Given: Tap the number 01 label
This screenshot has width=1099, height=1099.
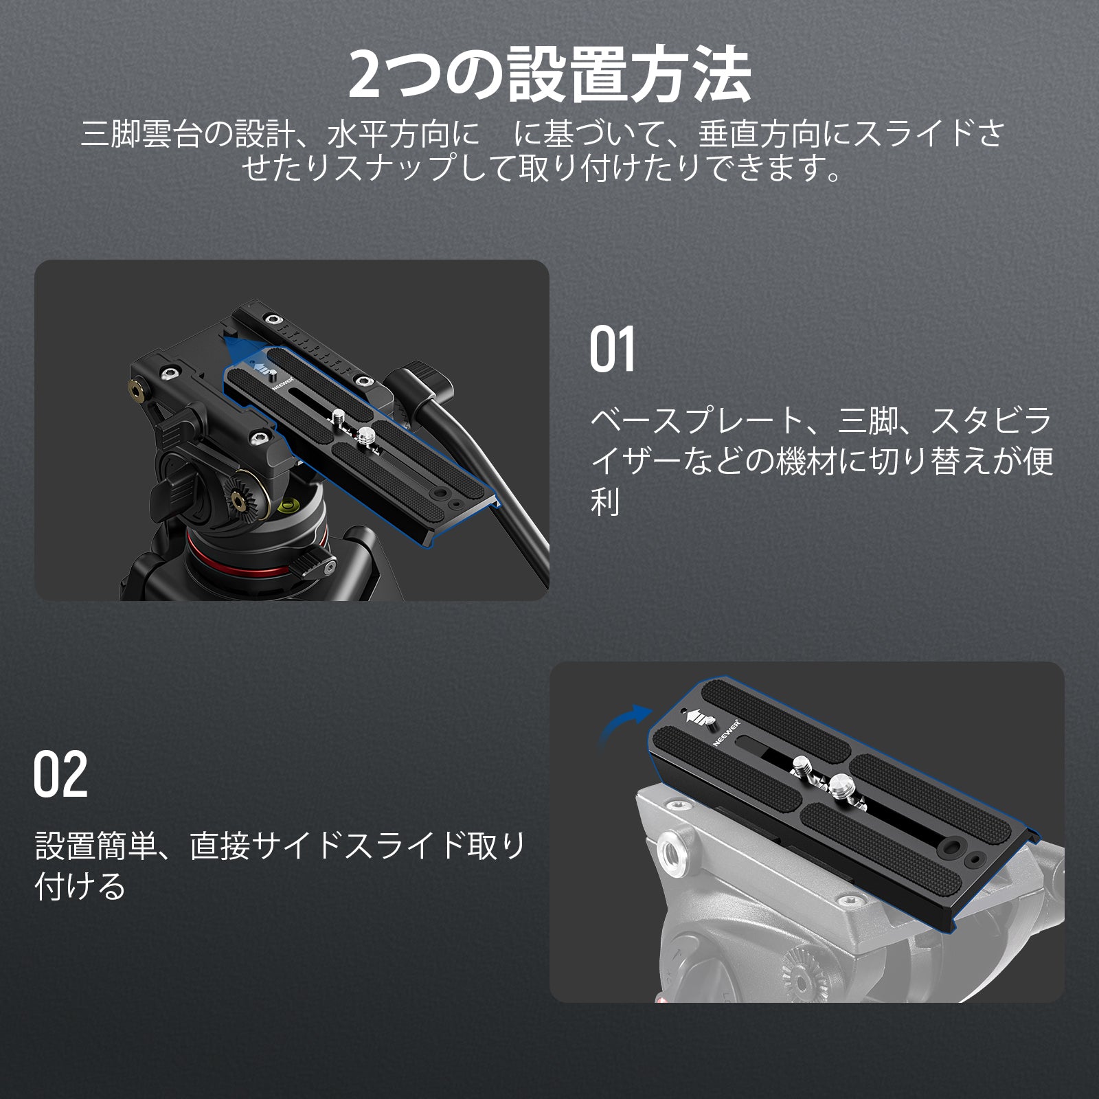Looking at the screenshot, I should point(613,350).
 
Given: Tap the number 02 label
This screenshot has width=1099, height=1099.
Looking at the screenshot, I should point(61,774).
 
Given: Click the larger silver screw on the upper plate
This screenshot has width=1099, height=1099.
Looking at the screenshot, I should point(366,434).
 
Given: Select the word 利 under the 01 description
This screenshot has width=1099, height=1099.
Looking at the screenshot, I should point(605,502).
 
